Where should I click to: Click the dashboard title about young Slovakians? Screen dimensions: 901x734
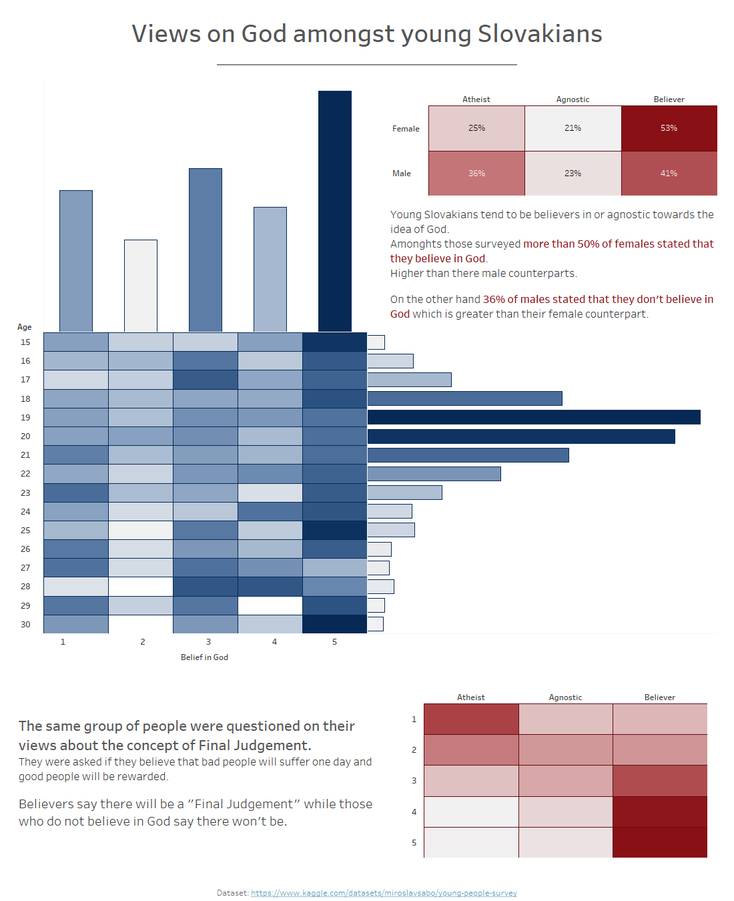click(x=367, y=34)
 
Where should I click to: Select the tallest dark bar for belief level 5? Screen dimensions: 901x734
click(x=335, y=211)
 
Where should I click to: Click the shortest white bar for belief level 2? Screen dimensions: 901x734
click(x=141, y=286)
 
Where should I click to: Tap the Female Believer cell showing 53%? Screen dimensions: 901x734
click(x=669, y=128)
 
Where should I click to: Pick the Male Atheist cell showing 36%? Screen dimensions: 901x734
click(x=476, y=174)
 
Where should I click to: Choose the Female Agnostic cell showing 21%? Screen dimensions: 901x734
click(x=573, y=128)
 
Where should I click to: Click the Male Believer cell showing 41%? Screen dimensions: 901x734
click(x=669, y=174)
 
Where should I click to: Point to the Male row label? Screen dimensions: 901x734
click(x=402, y=174)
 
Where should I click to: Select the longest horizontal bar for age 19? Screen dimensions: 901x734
click(x=534, y=417)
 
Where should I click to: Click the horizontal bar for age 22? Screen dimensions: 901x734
click(x=434, y=474)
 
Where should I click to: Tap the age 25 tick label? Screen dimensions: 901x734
click(x=25, y=531)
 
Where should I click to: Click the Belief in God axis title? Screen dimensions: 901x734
click(x=204, y=657)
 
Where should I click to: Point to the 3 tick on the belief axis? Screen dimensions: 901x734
click(x=208, y=642)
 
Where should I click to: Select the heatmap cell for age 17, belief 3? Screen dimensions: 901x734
click(x=206, y=380)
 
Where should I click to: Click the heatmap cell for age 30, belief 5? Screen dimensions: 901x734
click(x=335, y=624)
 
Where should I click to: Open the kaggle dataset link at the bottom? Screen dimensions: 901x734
click(x=384, y=893)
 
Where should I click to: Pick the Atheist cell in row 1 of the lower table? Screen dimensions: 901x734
click(x=471, y=719)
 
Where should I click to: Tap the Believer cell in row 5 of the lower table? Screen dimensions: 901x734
click(x=659, y=842)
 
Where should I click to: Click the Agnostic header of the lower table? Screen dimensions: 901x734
click(x=565, y=697)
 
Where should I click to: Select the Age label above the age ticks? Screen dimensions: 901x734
click(x=25, y=327)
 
